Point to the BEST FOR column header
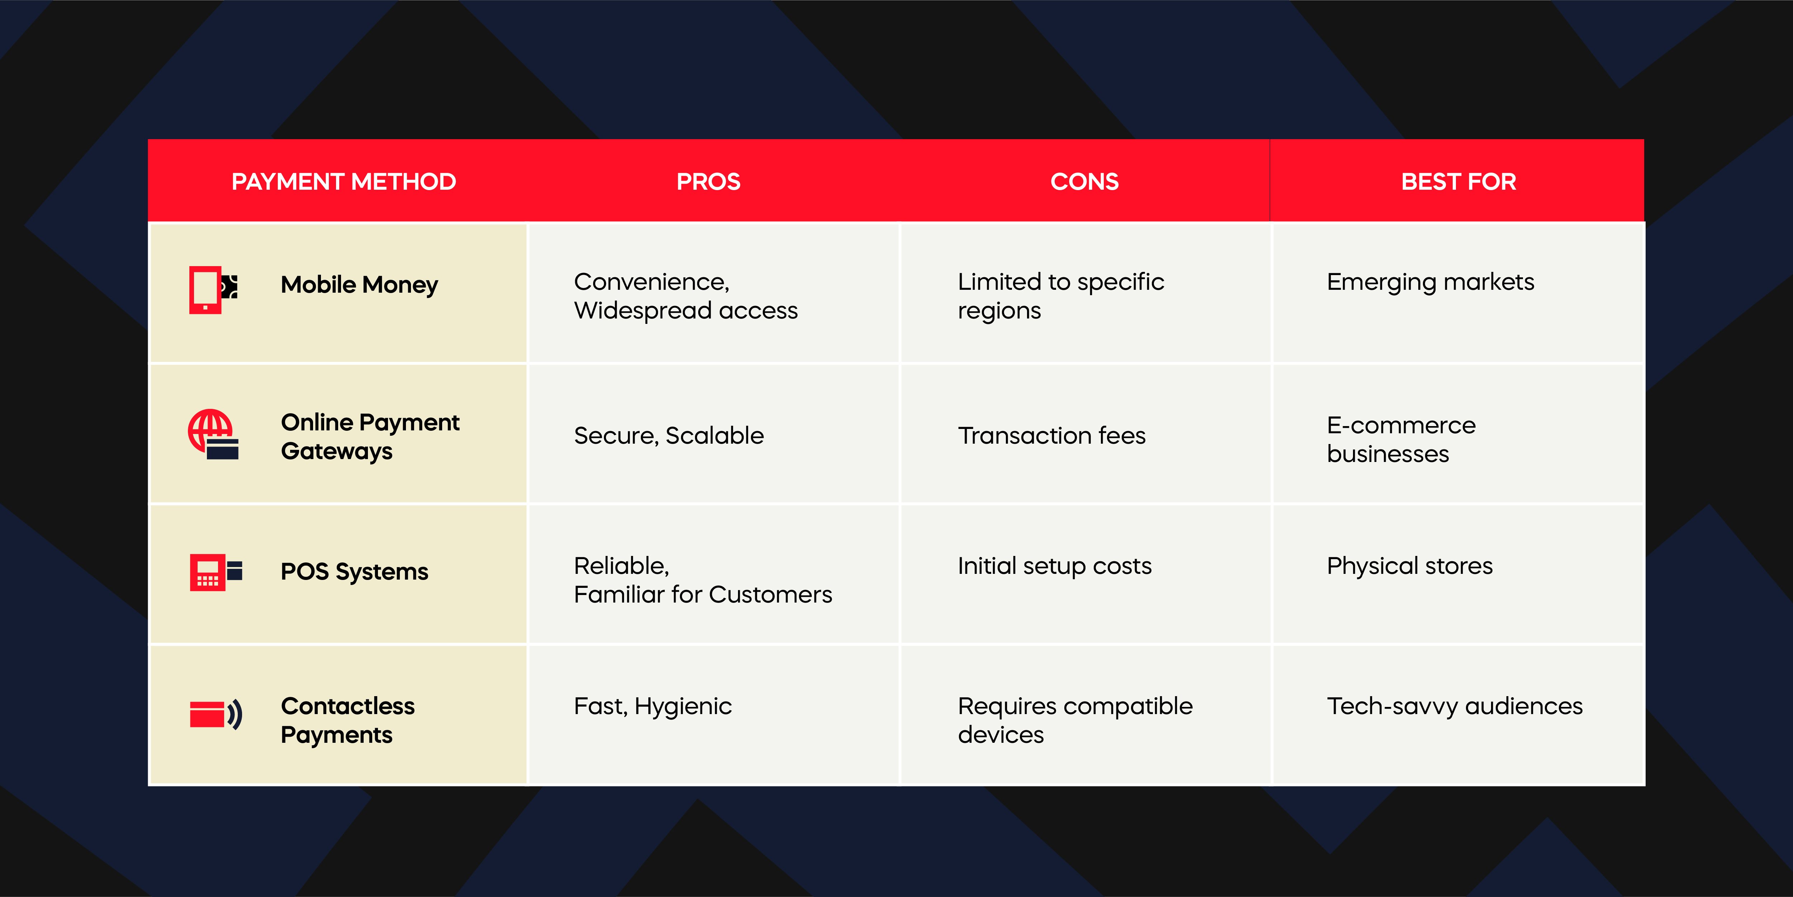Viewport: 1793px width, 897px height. click(1458, 181)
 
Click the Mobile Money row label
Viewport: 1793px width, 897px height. click(359, 285)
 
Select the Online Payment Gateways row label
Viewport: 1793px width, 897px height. click(370, 436)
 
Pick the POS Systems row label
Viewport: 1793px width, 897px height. click(354, 571)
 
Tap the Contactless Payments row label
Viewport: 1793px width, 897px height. click(347, 720)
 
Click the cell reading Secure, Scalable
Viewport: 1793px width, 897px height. click(668, 436)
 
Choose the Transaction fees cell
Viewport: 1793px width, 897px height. click(1051, 436)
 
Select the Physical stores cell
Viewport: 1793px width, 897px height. click(1410, 566)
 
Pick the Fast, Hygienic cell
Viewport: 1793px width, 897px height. click(652, 706)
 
